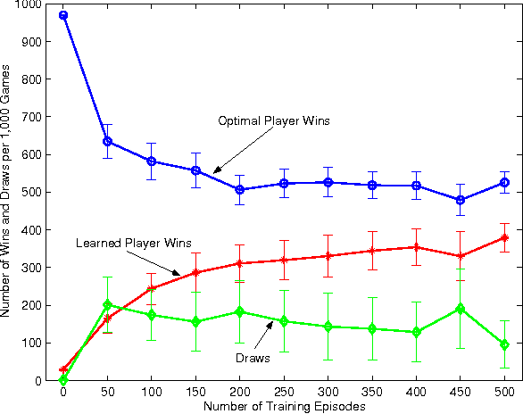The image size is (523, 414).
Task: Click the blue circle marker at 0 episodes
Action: click(63, 15)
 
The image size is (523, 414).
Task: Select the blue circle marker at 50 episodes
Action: click(107, 141)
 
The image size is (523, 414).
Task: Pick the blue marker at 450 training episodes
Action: click(461, 200)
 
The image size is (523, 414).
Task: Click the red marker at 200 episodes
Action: click(239, 263)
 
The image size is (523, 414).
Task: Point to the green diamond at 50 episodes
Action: click(107, 304)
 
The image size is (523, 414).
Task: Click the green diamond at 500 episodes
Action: click(504, 344)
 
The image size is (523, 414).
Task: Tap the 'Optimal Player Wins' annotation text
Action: click(275, 121)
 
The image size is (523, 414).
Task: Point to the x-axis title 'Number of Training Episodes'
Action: click(283, 407)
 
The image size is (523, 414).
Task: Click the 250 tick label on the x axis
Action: click(284, 393)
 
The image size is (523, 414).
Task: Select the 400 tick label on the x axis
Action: click(416, 393)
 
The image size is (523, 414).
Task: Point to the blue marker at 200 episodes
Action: click(239, 189)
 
